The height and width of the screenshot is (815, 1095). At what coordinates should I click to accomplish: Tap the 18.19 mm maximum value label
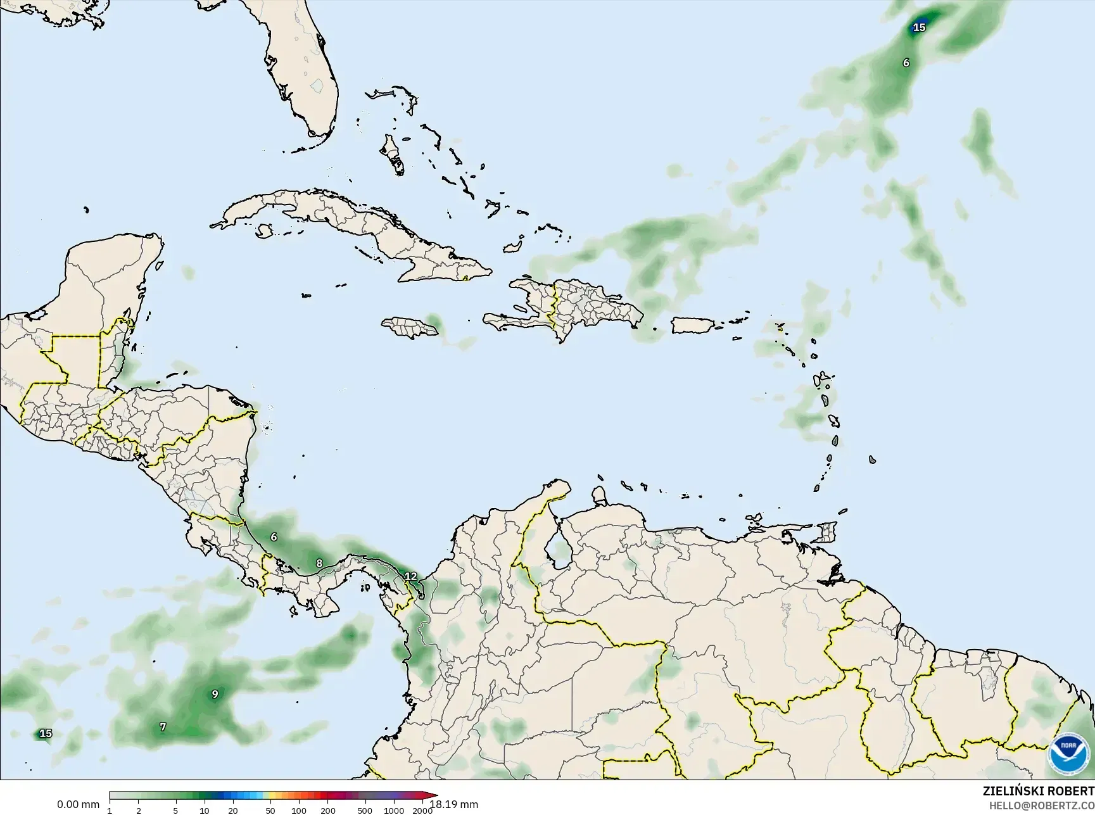pyautogui.click(x=454, y=805)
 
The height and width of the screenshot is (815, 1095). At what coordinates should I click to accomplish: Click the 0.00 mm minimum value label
pyautogui.click(x=78, y=805)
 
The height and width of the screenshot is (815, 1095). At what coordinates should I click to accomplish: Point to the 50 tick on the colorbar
pyautogui.click(x=270, y=811)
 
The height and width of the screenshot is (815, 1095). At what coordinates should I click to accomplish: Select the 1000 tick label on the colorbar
pyautogui.click(x=393, y=811)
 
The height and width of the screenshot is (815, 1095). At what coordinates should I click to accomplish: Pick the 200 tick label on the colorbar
pyautogui.click(x=327, y=811)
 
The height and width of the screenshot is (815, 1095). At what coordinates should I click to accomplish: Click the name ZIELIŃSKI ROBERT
pyautogui.click(x=1038, y=791)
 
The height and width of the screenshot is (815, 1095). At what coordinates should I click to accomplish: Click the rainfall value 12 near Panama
pyautogui.click(x=410, y=576)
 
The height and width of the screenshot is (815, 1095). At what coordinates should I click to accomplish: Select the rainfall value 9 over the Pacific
pyautogui.click(x=215, y=694)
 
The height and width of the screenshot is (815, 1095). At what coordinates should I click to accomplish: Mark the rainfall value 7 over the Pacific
pyautogui.click(x=163, y=727)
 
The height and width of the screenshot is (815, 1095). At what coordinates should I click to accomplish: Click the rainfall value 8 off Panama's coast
pyautogui.click(x=319, y=563)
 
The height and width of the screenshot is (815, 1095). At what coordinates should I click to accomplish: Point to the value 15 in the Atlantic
pyautogui.click(x=919, y=27)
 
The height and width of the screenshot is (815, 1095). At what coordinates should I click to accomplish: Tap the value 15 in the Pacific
pyautogui.click(x=46, y=733)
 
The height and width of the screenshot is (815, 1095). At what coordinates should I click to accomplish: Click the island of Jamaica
pyautogui.click(x=410, y=327)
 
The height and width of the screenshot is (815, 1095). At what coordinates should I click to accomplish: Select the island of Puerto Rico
pyautogui.click(x=693, y=325)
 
